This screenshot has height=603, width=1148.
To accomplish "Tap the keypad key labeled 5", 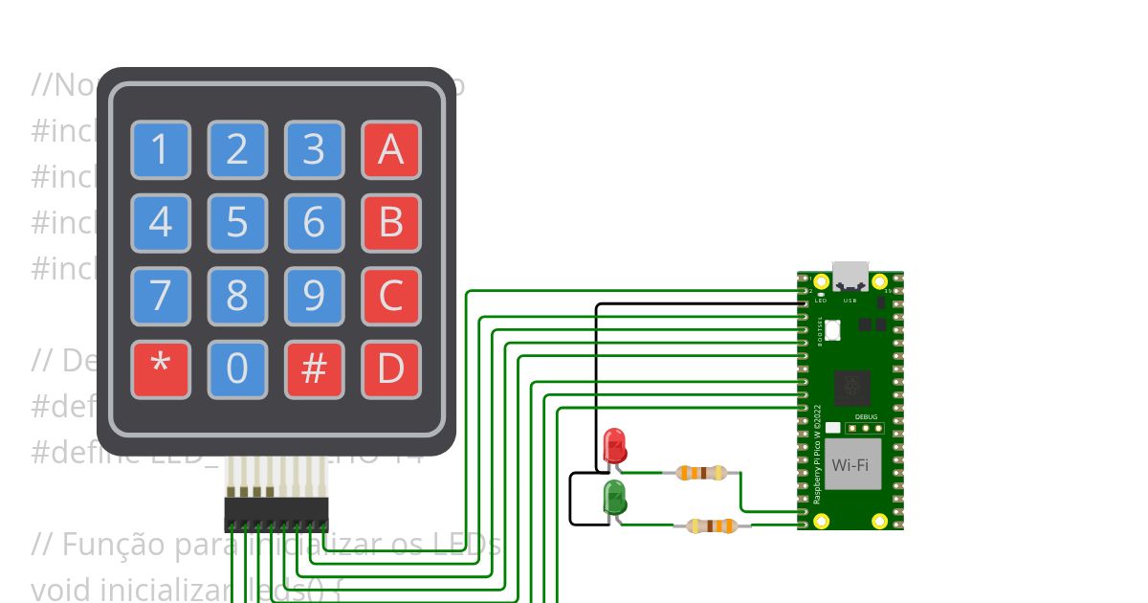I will [x=237, y=223].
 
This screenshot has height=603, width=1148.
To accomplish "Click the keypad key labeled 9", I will [x=314, y=297].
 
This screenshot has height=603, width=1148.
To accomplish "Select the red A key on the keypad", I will [x=390, y=150].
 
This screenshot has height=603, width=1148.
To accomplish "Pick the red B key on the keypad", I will [x=390, y=223].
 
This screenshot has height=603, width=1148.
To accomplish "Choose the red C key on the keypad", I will [x=390, y=297].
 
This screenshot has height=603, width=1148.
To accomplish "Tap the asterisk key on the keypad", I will [x=161, y=369].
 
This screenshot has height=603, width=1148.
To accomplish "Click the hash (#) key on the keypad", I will [x=314, y=369].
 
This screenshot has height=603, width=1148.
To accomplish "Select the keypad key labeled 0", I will [x=237, y=369].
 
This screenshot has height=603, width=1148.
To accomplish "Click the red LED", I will [x=615, y=445].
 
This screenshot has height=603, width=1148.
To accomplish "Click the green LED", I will [x=614, y=498].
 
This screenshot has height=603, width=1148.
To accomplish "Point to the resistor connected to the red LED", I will [x=701, y=472].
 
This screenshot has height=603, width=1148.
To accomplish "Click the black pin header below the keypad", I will [x=276, y=514].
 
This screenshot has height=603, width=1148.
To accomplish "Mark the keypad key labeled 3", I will [x=314, y=150].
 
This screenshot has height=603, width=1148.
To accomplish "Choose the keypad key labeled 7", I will [x=161, y=297].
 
